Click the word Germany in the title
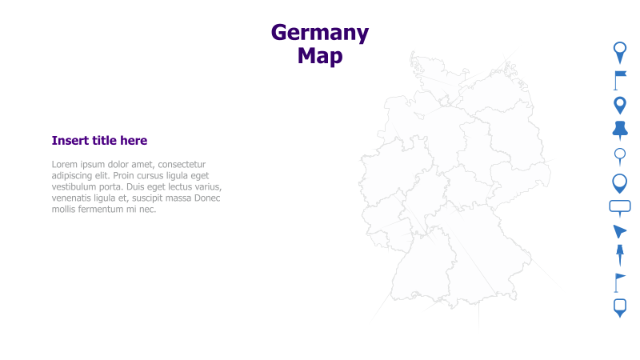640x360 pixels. [320, 33]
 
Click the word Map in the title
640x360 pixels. [320, 56]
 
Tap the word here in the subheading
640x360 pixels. [133, 141]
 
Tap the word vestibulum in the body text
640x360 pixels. [76, 187]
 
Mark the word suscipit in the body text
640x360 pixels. [150, 198]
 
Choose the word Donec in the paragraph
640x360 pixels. [206, 198]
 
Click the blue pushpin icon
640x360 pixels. [620, 129]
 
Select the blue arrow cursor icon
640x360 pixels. [619, 231]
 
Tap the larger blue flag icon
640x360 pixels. [620, 79]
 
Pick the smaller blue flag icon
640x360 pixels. [619, 282]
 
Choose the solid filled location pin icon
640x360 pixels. [620, 105]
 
